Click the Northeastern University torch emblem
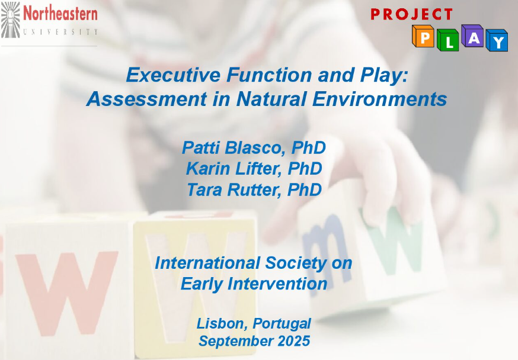click(11, 20)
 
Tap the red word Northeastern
click(60, 14)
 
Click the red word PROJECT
click(411, 14)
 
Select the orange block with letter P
click(423, 36)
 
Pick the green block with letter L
click(447, 40)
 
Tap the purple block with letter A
click(472, 36)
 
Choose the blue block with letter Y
click(497, 40)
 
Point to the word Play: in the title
click(384, 76)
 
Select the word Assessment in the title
click(146, 99)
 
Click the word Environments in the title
click(379, 99)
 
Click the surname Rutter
click(254, 189)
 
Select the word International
click(207, 263)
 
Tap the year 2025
click(294, 341)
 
